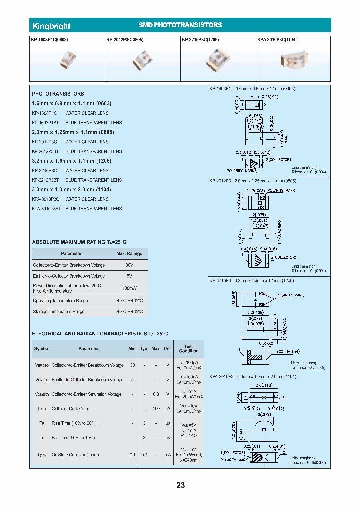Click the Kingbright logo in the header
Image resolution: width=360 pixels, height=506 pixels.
tap(51, 26)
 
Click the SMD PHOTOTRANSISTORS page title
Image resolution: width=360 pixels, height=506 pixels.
tap(180, 25)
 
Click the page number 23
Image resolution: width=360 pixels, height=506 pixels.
tap(180, 485)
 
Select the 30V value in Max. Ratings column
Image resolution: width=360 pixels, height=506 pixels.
tap(129, 265)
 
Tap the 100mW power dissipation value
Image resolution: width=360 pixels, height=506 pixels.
tap(129, 288)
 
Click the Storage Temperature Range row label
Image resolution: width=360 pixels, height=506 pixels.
tap(59, 311)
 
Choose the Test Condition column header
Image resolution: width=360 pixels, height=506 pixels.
tap(189, 348)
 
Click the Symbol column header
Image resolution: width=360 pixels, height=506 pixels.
tap(42, 349)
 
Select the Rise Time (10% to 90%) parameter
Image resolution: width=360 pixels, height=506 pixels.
tap(74, 423)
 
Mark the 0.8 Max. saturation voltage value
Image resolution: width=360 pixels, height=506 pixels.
tap(156, 394)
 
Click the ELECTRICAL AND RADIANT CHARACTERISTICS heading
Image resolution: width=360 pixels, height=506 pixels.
tap(93, 333)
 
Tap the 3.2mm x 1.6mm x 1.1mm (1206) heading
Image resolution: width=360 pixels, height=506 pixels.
tap(71, 161)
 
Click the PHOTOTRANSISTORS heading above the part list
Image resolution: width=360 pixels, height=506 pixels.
tap(58, 94)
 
